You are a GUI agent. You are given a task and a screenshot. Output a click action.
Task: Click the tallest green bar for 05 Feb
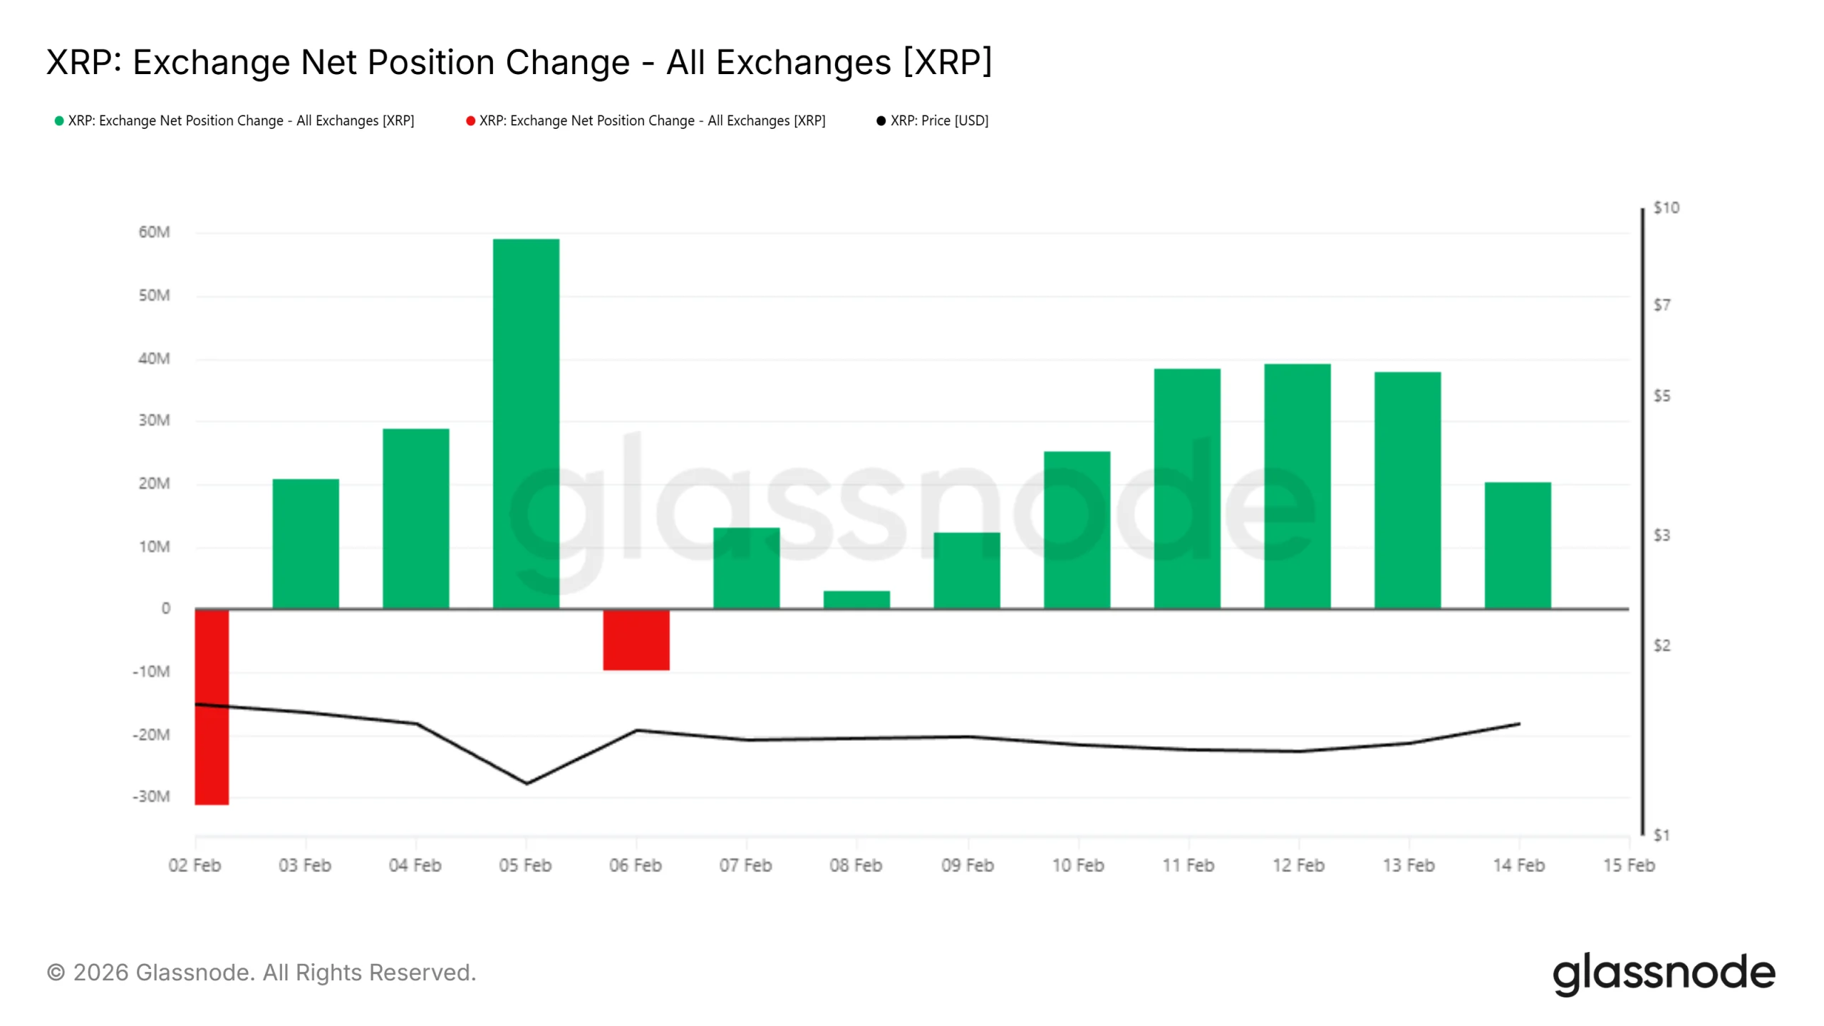(x=526, y=423)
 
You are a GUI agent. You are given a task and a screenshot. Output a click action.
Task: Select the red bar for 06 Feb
(x=636, y=639)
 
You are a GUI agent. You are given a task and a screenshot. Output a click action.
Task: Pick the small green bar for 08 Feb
(x=856, y=599)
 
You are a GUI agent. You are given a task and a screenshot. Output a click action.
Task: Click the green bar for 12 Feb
(x=1297, y=486)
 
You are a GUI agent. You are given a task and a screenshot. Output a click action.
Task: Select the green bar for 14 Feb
(x=1518, y=545)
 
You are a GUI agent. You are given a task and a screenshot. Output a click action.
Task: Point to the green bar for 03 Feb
(x=306, y=544)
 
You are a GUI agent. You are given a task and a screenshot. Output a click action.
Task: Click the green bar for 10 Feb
(x=1077, y=529)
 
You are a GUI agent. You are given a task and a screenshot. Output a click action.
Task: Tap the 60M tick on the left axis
(x=154, y=232)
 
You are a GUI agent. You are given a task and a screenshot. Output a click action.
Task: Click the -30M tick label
(x=151, y=797)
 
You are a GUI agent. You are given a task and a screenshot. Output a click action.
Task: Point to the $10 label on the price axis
(x=1666, y=208)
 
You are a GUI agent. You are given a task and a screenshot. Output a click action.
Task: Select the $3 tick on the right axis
(x=1662, y=535)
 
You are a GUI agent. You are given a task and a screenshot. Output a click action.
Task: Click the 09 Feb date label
(x=967, y=865)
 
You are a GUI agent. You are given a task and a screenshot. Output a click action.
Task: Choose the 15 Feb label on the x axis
(x=1629, y=865)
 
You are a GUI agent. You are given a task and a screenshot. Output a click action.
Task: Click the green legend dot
(x=59, y=121)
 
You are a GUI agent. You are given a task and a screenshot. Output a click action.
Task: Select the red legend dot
(x=470, y=121)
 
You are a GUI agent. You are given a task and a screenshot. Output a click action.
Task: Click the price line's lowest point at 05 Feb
(x=527, y=784)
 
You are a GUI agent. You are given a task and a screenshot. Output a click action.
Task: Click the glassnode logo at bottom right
(x=1663, y=973)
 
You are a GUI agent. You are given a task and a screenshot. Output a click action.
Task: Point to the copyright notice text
(x=261, y=973)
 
